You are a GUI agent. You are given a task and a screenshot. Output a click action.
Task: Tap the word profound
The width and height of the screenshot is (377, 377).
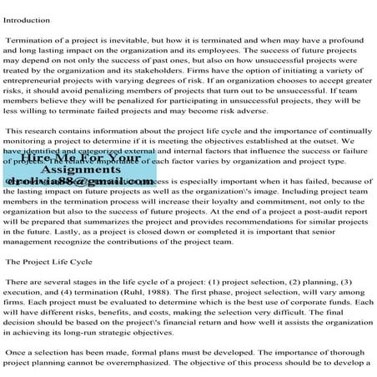350,39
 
